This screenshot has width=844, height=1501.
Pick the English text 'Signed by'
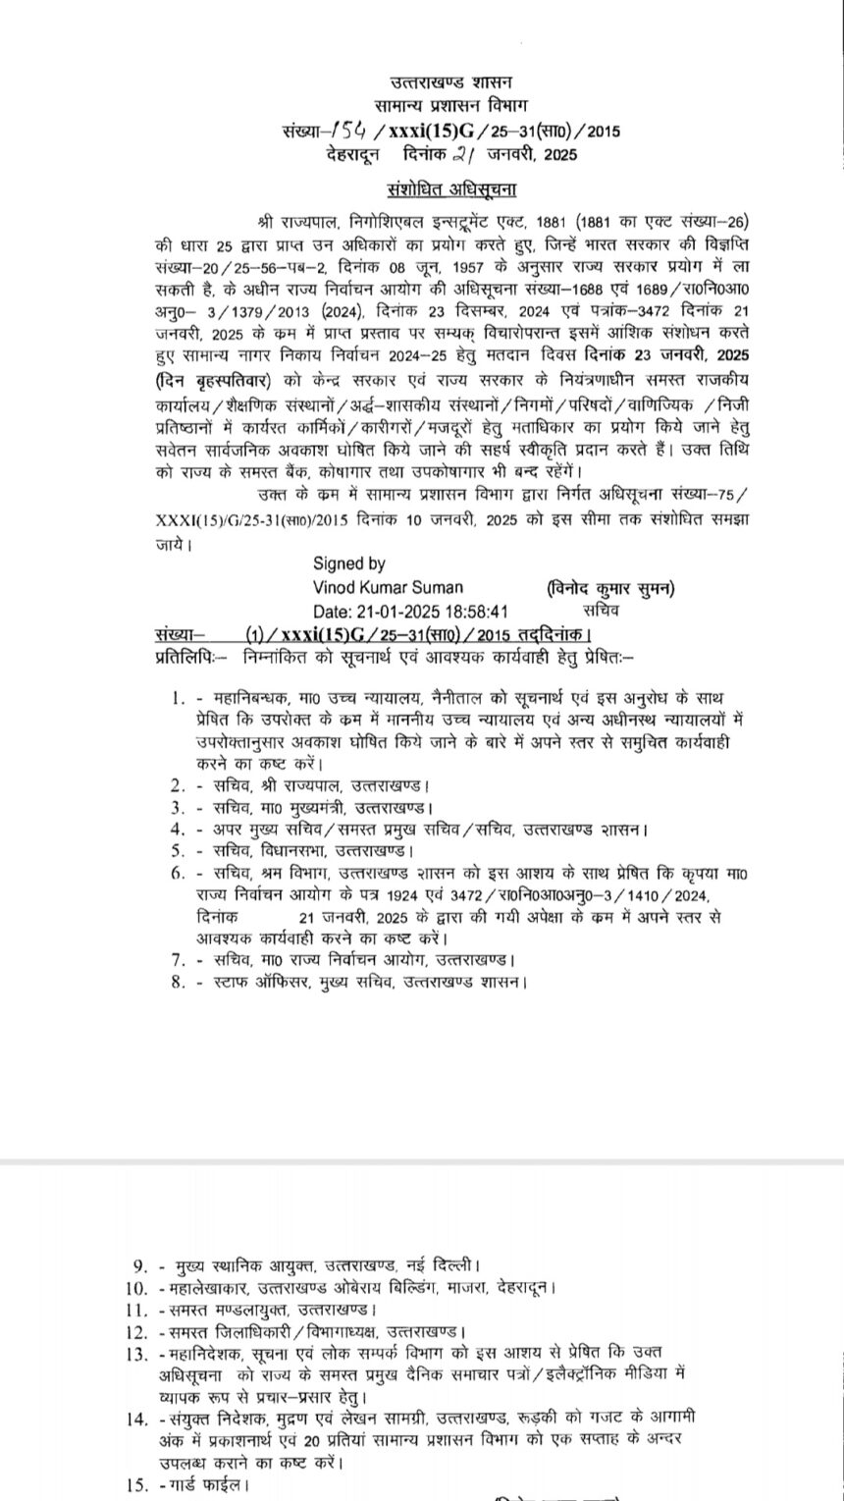tap(349, 563)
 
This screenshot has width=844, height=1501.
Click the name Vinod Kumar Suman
tap(388, 587)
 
